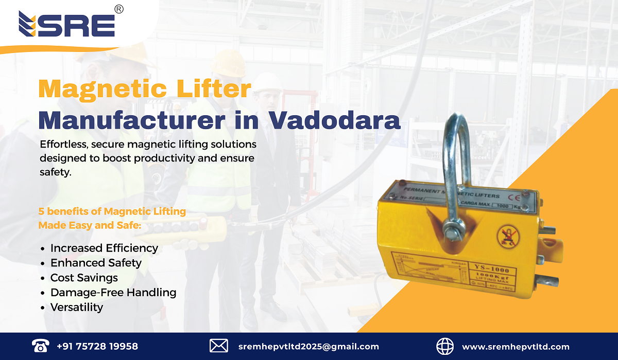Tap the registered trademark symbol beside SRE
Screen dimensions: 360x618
pos(118,9)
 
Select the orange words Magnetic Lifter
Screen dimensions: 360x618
pos(145,89)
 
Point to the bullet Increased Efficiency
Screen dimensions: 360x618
pos(104,248)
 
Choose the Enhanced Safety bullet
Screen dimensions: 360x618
pos(96,263)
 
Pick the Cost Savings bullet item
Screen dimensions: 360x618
pos(84,278)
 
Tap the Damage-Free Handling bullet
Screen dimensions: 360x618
pos(113,293)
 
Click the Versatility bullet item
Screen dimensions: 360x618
pos(77,308)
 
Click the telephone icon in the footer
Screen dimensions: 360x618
pos(40,346)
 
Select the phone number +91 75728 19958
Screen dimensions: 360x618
pos(97,346)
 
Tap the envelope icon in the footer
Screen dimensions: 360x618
pos(219,346)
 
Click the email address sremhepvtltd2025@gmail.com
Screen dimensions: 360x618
pos(308,347)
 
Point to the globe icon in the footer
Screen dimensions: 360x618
pos(445,346)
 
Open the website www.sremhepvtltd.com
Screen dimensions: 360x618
pos(516,347)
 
